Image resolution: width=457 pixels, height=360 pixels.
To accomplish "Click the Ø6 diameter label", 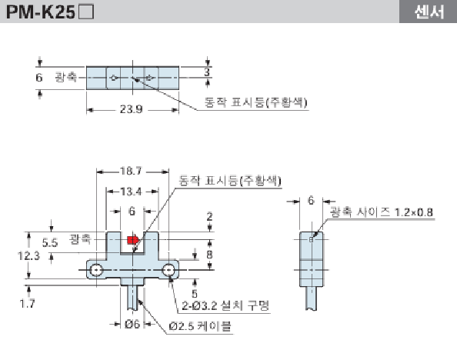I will pos(132,324).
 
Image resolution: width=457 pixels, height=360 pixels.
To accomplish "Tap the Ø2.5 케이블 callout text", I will pos(199,325).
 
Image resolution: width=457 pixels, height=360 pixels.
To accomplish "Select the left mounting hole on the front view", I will pos(97,270).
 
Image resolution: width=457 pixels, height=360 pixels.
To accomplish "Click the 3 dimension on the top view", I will pos(208,72).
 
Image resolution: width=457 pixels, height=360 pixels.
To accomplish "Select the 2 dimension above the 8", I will pos(208,216).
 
